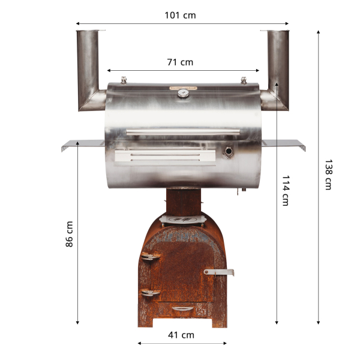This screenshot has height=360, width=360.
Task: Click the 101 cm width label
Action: click(x=180, y=15)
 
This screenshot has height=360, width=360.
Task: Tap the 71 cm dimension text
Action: click(x=180, y=62)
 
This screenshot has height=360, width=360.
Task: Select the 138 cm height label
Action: click(x=328, y=175)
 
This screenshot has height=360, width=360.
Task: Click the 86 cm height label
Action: click(x=69, y=234)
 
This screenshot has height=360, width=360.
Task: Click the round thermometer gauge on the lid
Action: click(x=182, y=93)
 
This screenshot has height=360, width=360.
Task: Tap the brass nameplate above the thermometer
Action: click(x=182, y=87)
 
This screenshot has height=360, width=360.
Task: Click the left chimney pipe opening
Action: click(x=88, y=31)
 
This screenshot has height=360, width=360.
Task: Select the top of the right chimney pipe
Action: click(x=277, y=31)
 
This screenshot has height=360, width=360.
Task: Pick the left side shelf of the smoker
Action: click(x=82, y=145)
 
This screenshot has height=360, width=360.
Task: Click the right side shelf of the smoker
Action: click(x=283, y=144)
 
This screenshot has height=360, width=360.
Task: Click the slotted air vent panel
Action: click(x=165, y=157)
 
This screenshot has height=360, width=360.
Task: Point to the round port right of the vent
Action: click(x=229, y=151)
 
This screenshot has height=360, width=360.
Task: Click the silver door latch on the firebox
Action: click(x=219, y=272)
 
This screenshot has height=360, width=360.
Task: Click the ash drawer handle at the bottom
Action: click(x=182, y=308)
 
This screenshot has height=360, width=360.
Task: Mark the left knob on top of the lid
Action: click(x=124, y=80)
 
